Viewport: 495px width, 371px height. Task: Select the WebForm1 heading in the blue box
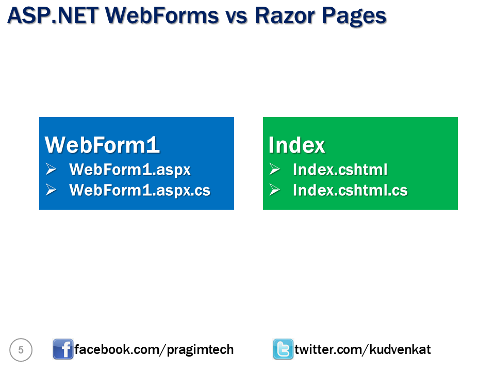tap(102, 145)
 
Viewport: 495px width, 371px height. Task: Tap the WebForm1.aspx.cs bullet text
tap(140, 190)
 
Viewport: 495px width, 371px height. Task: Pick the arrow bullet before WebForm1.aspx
tap(51, 169)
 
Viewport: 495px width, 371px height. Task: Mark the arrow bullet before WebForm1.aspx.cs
tap(51, 190)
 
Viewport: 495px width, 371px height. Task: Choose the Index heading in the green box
tap(296, 145)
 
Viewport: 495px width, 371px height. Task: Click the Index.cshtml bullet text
tap(340, 170)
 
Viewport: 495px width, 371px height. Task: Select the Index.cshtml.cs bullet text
tap(350, 190)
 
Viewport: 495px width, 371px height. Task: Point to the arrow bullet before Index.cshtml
tap(274, 169)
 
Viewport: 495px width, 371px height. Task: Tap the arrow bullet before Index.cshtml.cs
tap(274, 190)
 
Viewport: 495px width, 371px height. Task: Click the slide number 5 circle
tap(21, 350)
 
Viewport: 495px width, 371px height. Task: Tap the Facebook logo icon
tap(63, 349)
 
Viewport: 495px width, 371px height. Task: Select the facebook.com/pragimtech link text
tap(154, 350)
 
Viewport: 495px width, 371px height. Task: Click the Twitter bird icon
tap(283, 349)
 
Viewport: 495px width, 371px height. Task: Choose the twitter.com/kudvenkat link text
tap(362, 350)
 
